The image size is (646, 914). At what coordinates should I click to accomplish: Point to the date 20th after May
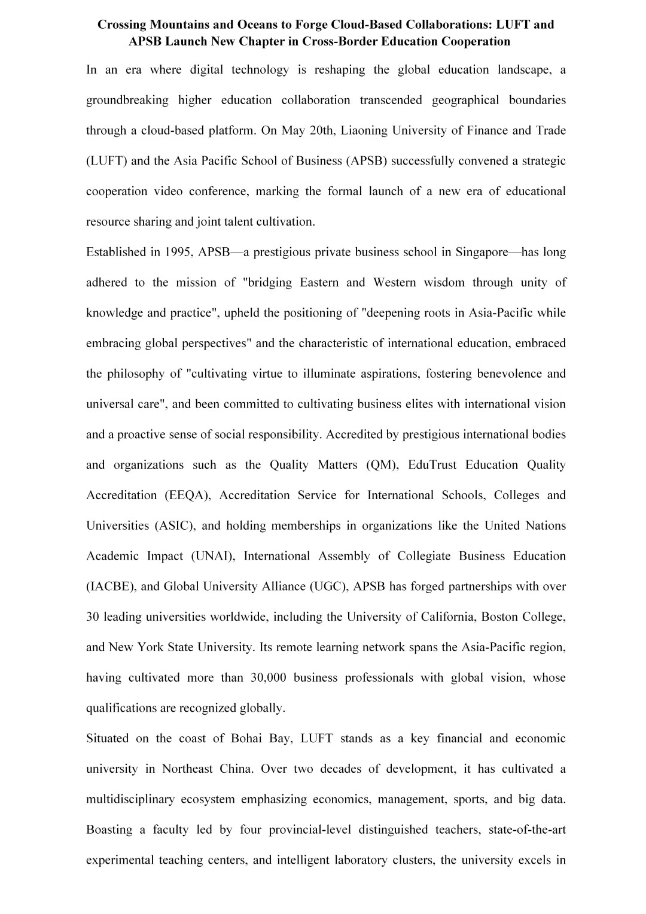click(324, 130)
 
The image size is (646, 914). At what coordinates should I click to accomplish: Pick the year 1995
click(178, 252)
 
